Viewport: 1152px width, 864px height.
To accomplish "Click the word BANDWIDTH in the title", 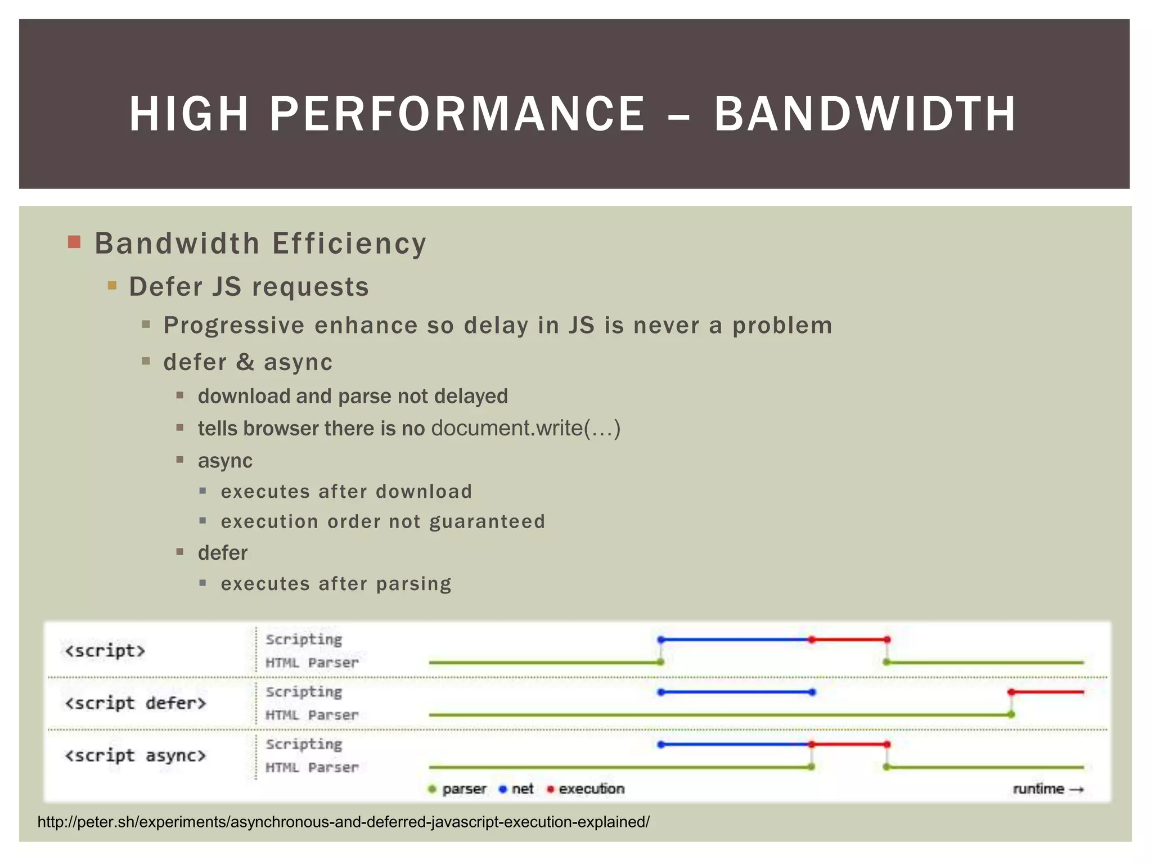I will coord(865,114).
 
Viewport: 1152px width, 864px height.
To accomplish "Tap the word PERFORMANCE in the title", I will coord(457,114).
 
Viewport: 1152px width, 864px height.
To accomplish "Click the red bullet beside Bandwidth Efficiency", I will coord(74,242).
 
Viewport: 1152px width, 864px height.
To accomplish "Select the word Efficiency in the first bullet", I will coord(349,244).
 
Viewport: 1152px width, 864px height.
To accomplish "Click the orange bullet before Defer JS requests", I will coord(112,285).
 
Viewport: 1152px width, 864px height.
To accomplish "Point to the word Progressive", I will coord(234,326).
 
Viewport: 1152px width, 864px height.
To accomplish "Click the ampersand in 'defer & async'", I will coord(245,362).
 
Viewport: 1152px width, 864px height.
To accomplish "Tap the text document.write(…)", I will coord(525,428).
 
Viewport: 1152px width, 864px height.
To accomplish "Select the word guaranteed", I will coord(487,521).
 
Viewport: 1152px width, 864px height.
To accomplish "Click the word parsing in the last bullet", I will coord(413,584).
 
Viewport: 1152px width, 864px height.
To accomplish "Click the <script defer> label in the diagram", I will coord(136,703).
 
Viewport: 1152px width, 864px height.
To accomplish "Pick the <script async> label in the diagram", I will coord(136,755).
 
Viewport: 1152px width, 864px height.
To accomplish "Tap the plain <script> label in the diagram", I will coord(105,651).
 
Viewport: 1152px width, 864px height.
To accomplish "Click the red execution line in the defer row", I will coord(1047,692).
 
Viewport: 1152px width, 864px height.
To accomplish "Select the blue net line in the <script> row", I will coord(736,640).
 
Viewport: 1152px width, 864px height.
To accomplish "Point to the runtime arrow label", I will coord(1047,789).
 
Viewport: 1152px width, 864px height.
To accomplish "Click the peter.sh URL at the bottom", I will coord(343,822).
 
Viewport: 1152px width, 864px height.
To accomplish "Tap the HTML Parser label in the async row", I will coord(312,767).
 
